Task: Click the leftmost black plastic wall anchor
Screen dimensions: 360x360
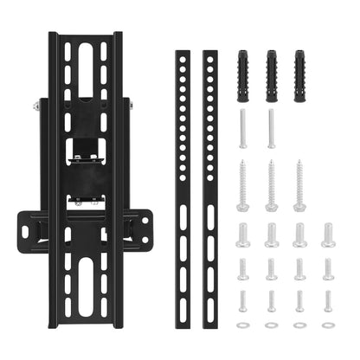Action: [243, 65]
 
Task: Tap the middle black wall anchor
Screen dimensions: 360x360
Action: [271, 65]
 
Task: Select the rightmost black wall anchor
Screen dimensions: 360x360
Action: [299, 65]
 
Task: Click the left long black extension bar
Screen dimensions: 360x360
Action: [182, 173]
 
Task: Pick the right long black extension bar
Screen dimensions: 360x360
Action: [209, 173]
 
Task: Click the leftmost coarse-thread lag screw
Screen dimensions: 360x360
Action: [243, 185]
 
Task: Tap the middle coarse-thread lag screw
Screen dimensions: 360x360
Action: [271, 185]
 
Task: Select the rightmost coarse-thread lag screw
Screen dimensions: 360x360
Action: [299, 185]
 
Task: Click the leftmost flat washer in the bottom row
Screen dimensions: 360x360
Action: [243, 325]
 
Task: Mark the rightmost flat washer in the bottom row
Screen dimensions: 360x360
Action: [328, 325]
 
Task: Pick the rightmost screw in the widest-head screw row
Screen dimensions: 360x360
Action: [328, 235]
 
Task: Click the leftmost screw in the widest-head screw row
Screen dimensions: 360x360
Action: [243, 235]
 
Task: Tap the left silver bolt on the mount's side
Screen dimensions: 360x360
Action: [36, 106]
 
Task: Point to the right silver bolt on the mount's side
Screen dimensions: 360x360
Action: [131, 105]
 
